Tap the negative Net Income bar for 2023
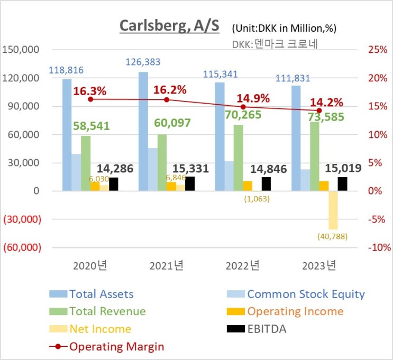pos(333,210)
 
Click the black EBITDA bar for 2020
pos(114,184)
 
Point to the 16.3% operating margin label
pos(90,91)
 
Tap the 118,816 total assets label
pos(66,70)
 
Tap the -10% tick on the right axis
pos(379,247)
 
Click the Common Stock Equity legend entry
pos(306,294)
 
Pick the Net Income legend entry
pos(100,329)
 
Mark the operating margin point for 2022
pos(243,107)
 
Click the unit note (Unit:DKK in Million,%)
pos(284,28)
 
